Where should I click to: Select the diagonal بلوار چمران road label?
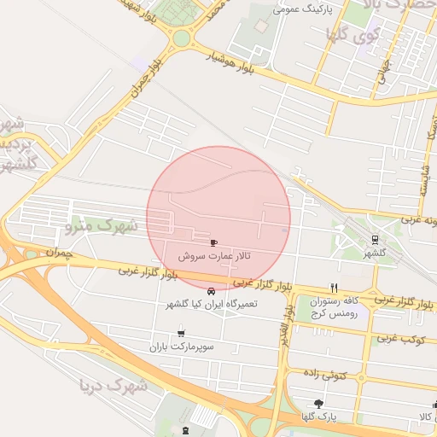click(145, 77)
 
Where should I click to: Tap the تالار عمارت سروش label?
click(214, 256)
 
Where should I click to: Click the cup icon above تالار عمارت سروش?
click(213, 242)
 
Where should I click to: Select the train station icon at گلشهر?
click(375, 240)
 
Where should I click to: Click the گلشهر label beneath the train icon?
click(375, 253)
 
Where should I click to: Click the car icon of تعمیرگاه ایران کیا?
click(211, 293)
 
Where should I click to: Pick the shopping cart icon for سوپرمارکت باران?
click(181, 333)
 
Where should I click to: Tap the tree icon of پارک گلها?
click(319, 404)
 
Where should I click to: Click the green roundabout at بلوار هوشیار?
click(180, 38)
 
